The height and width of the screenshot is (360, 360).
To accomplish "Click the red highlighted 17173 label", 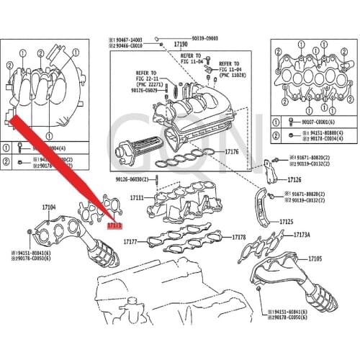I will (114, 225).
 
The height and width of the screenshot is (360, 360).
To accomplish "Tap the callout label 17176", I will (231, 152).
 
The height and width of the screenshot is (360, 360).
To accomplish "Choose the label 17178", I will (240, 237).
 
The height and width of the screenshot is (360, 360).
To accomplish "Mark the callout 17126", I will (294, 180).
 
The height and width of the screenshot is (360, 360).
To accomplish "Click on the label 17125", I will (285, 222).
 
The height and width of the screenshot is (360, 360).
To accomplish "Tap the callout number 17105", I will (315, 257).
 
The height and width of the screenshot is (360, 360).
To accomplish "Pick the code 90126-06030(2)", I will (136, 179).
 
